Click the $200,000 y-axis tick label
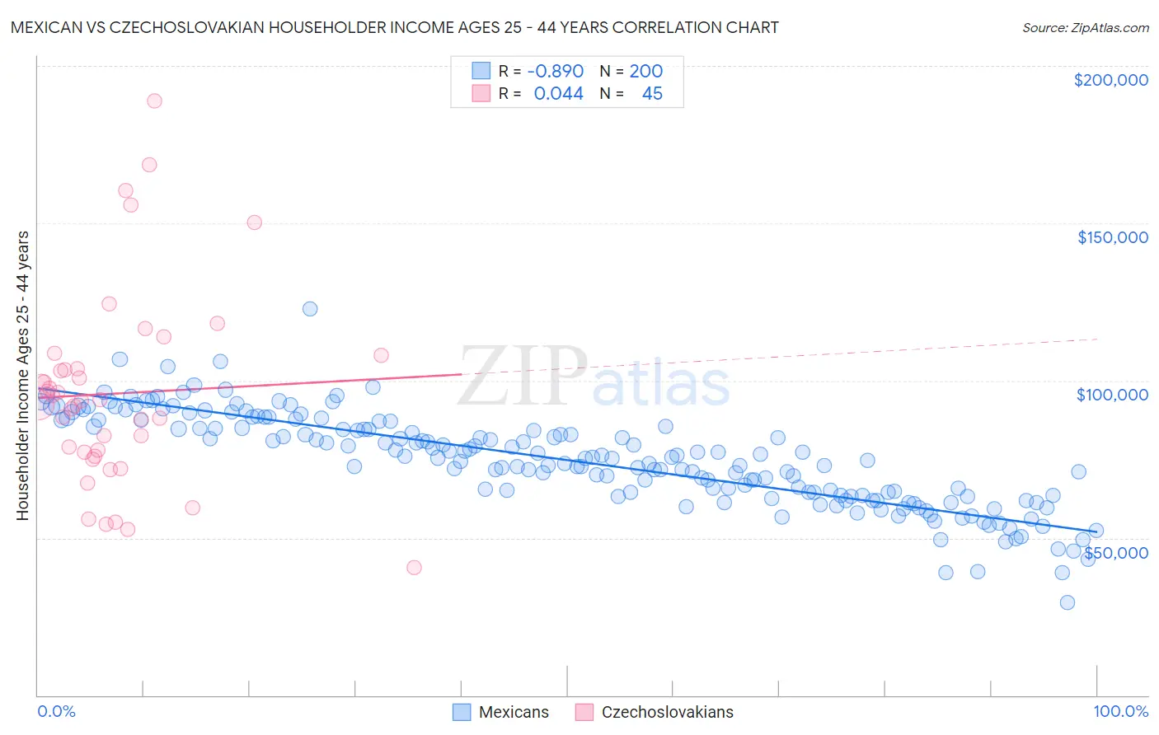[x=1110, y=80]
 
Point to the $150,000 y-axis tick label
[x=1112, y=237]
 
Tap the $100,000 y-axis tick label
[x=1112, y=395]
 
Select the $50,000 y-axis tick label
[x=1115, y=552]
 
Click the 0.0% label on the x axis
[x=56, y=711]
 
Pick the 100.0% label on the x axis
[x=1120, y=711]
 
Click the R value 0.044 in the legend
[x=558, y=94]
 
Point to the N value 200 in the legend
[x=645, y=72]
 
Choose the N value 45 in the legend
[x=652, y=94]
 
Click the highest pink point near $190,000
[x=154, y=101]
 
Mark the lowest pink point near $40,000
[x=414, y=568]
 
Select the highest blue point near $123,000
[x=310, y=309]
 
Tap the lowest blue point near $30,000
[x=1067, y=602]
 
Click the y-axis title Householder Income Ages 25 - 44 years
[x=22, y=375]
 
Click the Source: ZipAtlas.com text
[x=1085, y=28]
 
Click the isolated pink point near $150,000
[x=254, y=222]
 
